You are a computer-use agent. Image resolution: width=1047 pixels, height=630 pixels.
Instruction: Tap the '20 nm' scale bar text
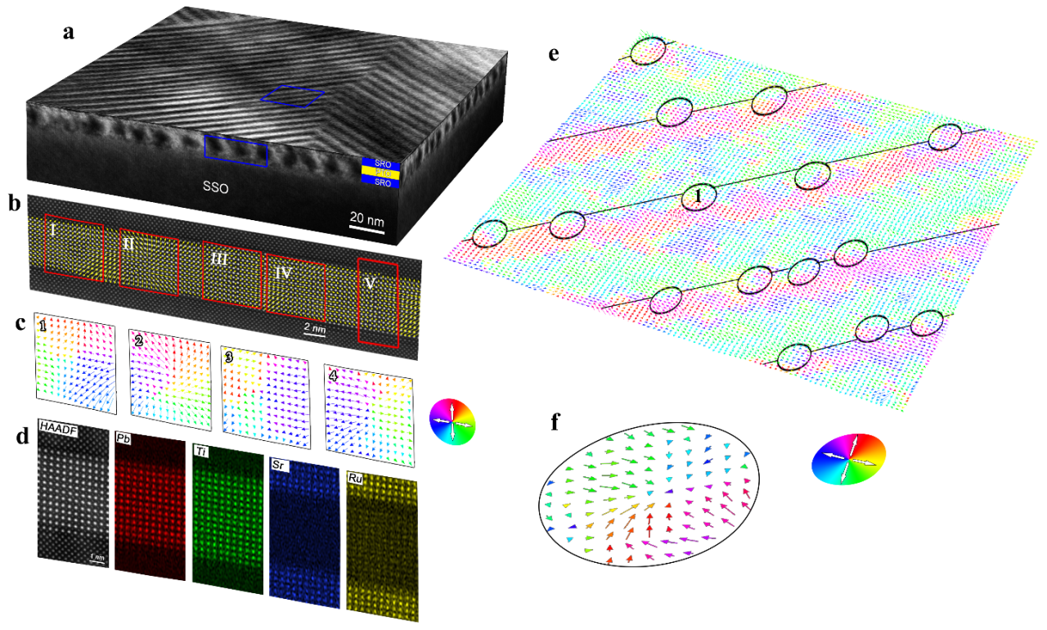tap(366, 218)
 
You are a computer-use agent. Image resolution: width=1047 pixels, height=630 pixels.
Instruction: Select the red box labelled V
tap(378, 303)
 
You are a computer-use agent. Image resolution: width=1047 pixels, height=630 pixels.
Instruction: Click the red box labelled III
tap(232, 272)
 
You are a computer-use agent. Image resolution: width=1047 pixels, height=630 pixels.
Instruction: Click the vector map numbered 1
tap(77, 363)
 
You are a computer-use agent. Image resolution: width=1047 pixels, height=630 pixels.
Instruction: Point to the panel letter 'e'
tap(555, 55)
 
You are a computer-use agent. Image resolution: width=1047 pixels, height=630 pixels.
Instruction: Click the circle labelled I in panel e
tap(699, 196)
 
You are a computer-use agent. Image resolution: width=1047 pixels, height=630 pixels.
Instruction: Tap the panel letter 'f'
tap(555, 422)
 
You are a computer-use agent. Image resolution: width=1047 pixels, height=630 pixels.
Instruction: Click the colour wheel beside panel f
tap(849, 459)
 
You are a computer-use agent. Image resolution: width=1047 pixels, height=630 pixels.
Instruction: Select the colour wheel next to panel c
tap(452, 421)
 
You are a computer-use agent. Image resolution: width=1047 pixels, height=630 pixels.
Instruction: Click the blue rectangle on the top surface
tap(292, 97)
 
